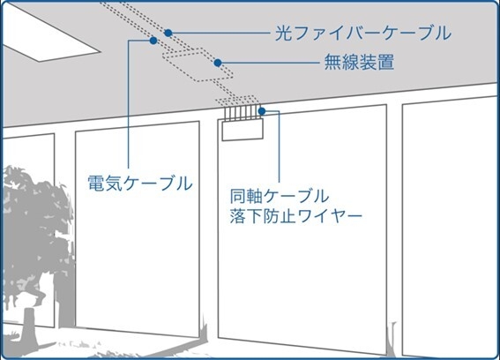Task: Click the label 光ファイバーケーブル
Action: coord(363,34)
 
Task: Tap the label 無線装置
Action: coord(359,63)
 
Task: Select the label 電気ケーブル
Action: coord(140,184)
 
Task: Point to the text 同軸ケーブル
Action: coord(279,196)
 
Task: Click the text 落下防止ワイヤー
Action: coord(296,216)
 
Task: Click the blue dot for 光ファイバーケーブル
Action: coord(168,33)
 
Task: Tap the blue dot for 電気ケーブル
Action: coord(153,41)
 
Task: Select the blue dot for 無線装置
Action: coord(218,63)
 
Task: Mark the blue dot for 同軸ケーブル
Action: coord(262,111)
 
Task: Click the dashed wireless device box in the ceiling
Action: coord(198,64)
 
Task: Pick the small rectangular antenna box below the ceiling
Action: coord(243,130)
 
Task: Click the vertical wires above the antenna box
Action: coord(243,113)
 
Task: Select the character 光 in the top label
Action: coord(283,34)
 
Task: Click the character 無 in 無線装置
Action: coord(333,63)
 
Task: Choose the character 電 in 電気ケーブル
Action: coord(96,184)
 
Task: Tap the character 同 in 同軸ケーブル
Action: coord(238,196)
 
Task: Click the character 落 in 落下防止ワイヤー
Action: coord(238,216)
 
